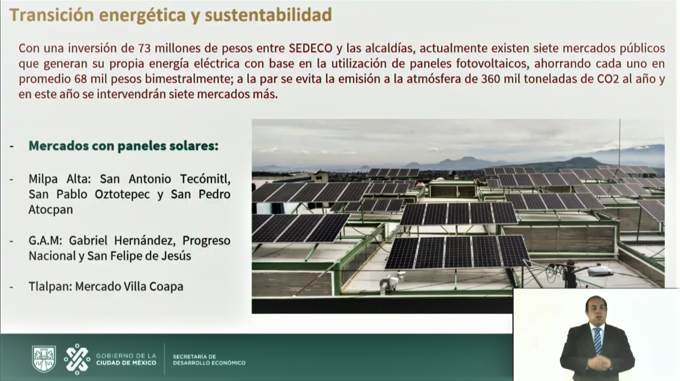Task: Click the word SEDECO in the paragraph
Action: [x=311, y=48]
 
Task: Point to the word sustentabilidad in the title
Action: [x=268, y=15]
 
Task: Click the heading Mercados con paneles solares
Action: [x=123, y=146]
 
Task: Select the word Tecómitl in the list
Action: [x=205, y=179]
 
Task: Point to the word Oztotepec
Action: [x=122, y=194]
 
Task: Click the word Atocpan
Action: [x=51, y=210]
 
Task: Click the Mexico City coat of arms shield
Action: [x=44, y=359]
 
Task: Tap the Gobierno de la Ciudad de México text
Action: [x=126, y=359]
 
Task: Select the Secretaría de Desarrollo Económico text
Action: [x=209, y=360]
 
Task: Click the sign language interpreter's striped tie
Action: [x=598, y=340]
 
